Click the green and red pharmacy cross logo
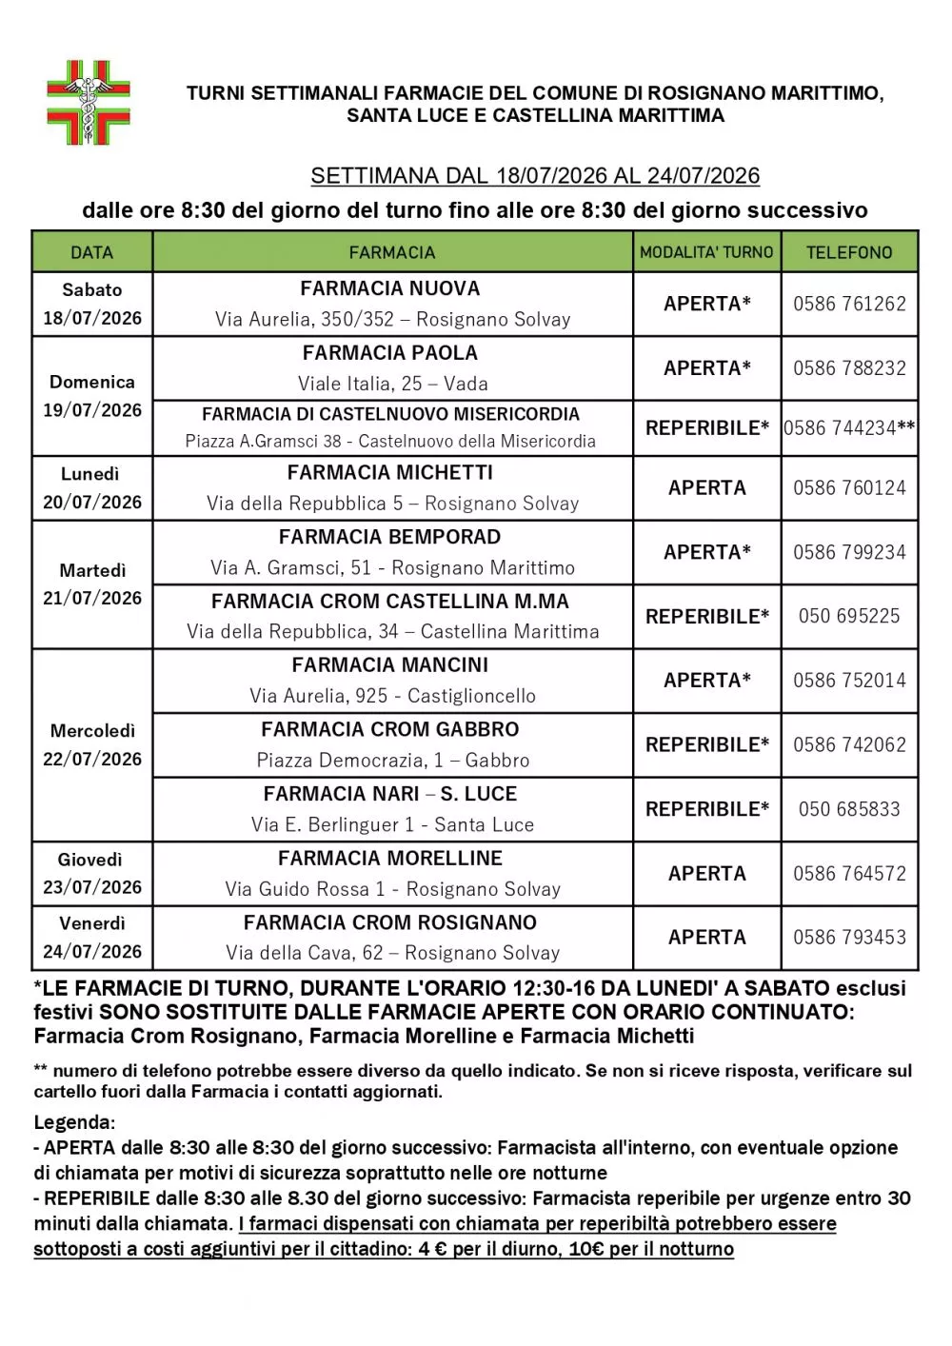[89, 103]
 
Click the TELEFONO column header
[849, 252]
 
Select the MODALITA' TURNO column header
[706, 252]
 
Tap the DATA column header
[91, 252]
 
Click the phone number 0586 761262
[849, 304]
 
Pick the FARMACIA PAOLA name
[390, 353]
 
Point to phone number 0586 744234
[840, 428]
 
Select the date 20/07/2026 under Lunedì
[92, 502]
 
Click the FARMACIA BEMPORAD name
[390, 537]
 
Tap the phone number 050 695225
[849, 616]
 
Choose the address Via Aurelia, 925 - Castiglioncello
[392, 696]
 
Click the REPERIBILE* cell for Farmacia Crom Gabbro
[706, 744]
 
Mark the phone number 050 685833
[849, 809]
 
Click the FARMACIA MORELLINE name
[390, 859]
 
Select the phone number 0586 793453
[849, 938]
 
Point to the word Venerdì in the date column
[92, 923]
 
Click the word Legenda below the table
[72, 1122]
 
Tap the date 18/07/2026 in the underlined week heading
[551, 176]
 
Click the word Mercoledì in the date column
[92, 731]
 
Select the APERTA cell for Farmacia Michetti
[706, 487]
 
